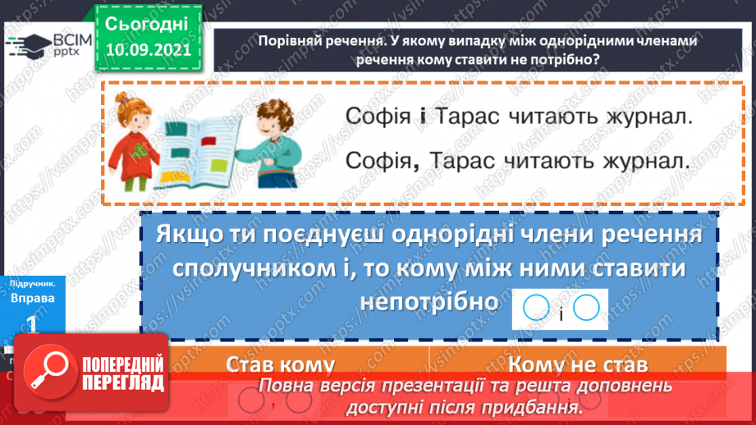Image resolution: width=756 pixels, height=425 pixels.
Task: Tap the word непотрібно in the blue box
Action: pos(429,302)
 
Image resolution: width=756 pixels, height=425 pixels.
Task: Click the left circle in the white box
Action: pos(535,308)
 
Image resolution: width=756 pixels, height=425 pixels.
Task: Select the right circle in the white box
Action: pos(587,308)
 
